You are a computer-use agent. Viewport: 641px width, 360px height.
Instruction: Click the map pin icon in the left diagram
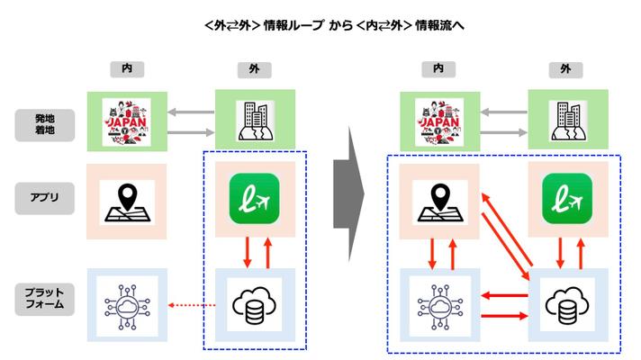(127, 202)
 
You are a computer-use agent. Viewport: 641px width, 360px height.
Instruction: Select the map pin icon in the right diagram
(438, 202)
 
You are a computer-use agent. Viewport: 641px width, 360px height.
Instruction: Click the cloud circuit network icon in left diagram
(127, 301)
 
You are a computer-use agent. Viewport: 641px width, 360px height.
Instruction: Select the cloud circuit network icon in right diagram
(438, 301)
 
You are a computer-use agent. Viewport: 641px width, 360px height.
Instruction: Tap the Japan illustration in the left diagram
(127, 121)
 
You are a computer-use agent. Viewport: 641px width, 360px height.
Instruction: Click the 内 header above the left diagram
(127, 67)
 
